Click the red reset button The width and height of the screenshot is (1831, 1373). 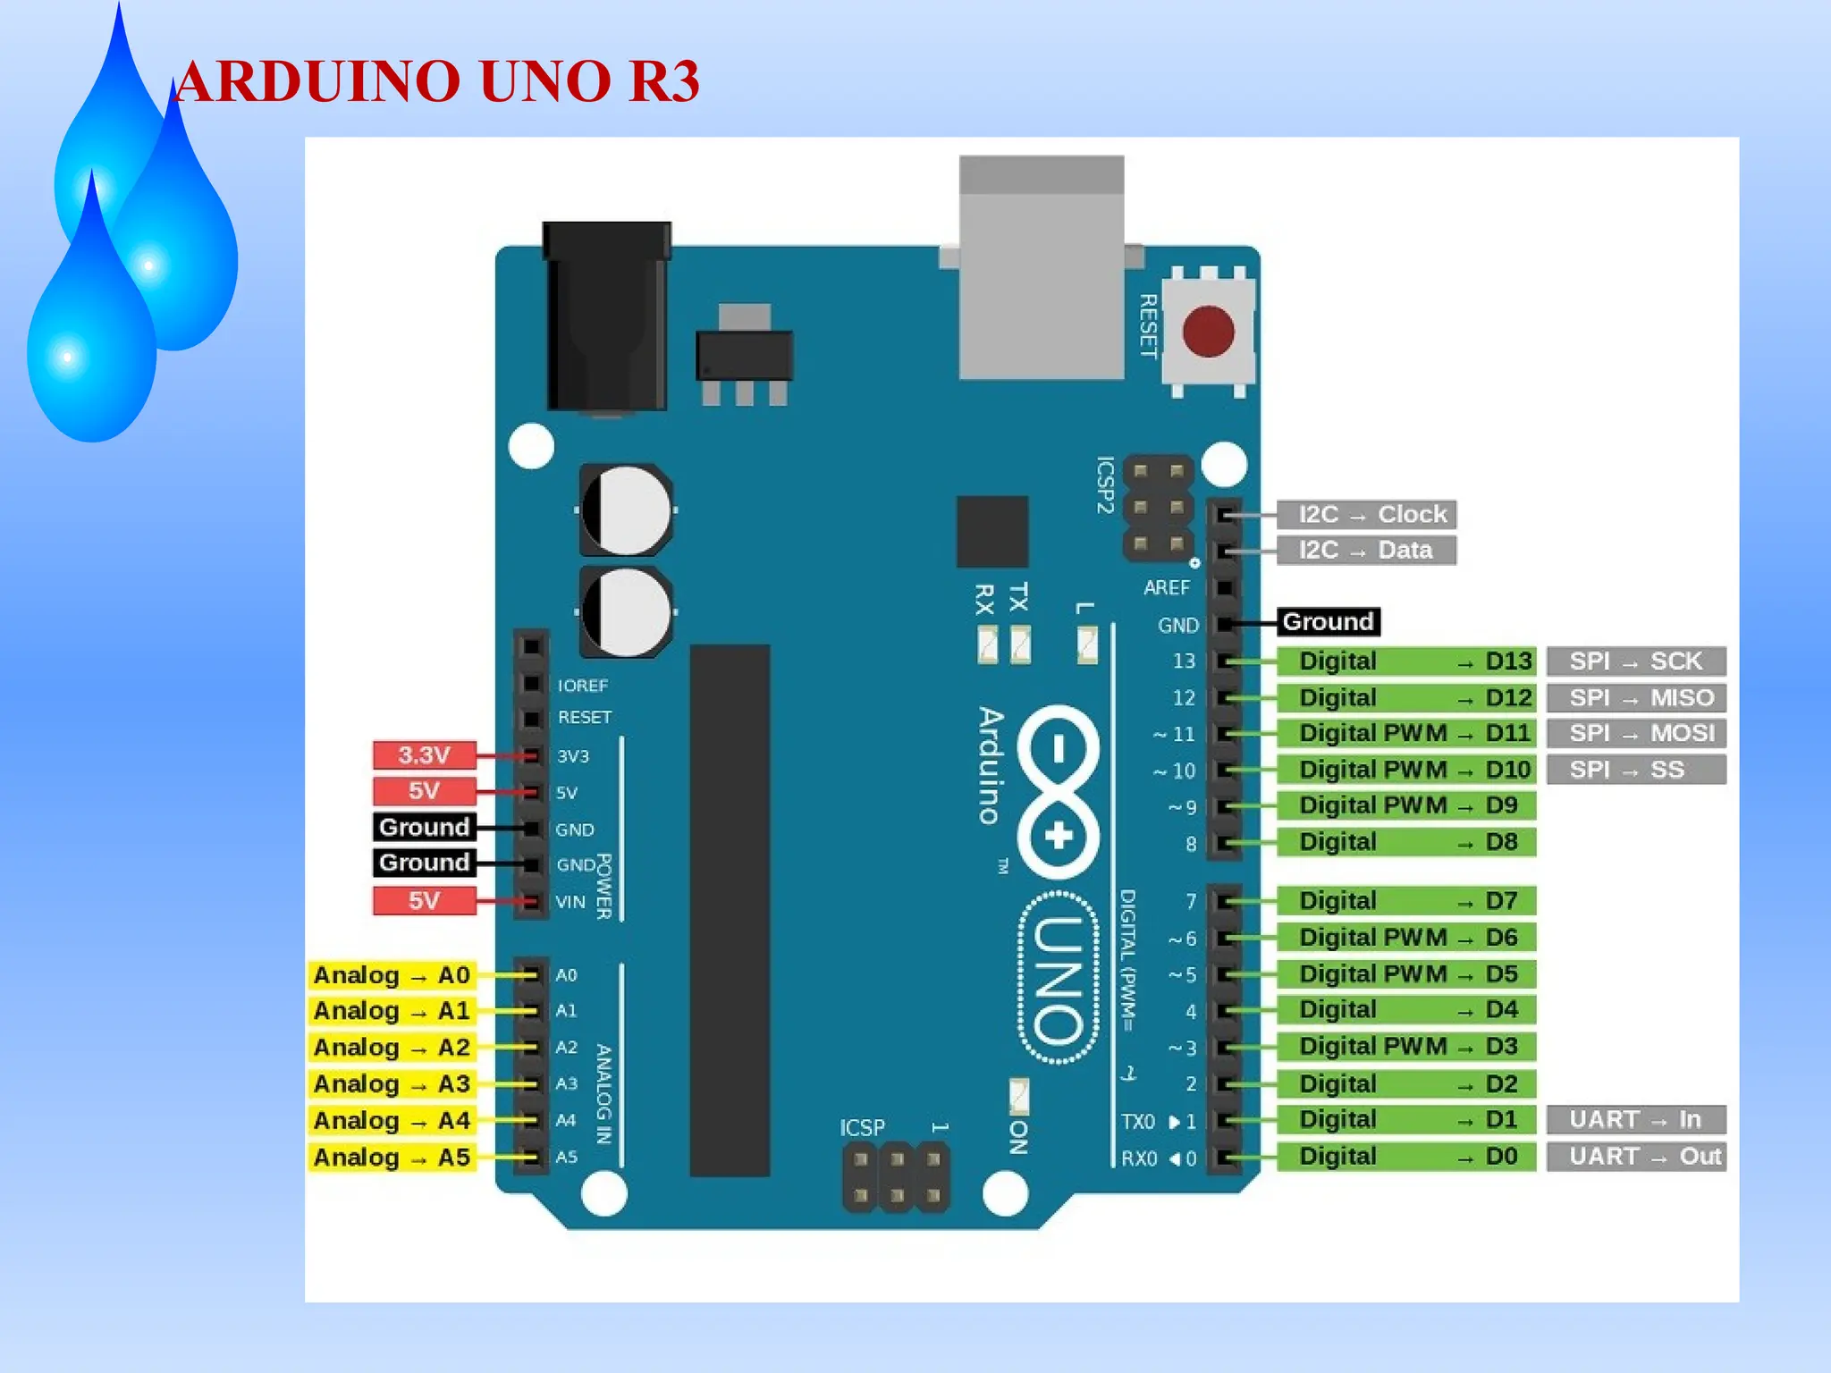[x=1208, y=332]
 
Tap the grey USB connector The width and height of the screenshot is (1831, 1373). [x=1041, y=268]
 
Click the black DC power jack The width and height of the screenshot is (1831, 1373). [x=606, y=317]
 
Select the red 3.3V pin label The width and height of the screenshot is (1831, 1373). [x=424, y=755]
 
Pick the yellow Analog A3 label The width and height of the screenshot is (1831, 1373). [x=392, y=1084]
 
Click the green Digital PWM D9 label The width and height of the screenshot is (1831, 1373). [x=1405, y=805]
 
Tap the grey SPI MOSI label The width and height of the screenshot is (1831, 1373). [x=1636, y=734]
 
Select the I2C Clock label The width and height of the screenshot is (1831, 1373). [x=1366, y=515]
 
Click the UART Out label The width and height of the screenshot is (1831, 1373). [x=1636, y=1157]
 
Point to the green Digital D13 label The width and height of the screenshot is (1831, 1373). [x=1405, y=661]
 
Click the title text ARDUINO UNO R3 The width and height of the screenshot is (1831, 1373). [x=437, y=81]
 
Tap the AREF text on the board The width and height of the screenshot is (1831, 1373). [x=1167, y=588]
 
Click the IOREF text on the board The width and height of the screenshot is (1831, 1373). [x=582, y=686]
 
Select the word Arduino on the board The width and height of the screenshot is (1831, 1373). [x=991, y=765]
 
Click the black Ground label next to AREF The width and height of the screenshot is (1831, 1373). [x=1328, y=622]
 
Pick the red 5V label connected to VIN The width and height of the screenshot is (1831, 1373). [x=424, y=900]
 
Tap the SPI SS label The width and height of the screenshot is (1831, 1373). [x=1636, y=770]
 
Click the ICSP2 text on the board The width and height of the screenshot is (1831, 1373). [x=1105, y=484]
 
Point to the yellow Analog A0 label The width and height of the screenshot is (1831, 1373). [x=392, y=975]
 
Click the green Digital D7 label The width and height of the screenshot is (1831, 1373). [x=1405, y=901]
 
